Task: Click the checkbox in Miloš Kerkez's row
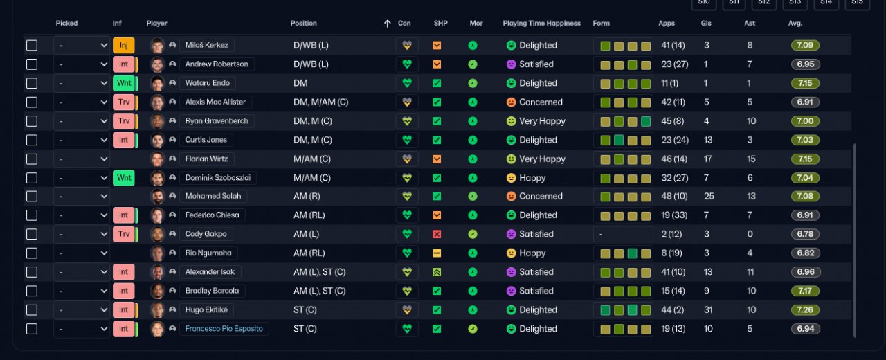click(x=32, y=46)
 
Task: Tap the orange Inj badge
click(x=123, y=46)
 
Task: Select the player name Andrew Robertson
click(x=217, y=64)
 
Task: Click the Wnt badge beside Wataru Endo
click(x=124, y=83)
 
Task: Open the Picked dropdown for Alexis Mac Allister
click(x=82, y=102)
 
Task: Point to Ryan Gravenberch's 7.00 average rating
click(x=805, y=121)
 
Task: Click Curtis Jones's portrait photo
click(x=157, y=140)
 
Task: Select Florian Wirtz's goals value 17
click(x=707, y=159)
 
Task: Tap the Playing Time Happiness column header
click(x=541, y=24)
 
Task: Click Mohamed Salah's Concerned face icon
click(x=511, y=196)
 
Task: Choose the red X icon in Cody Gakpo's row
click(x=437, y=234)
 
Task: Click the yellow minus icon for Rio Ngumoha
click(x=437, y=253)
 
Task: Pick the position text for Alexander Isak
click(x=319, y=272)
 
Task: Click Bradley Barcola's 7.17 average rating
click(x=805, y=291)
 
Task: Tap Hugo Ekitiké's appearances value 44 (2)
click(x=673, y=310)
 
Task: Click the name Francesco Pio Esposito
click(x=224, y=329)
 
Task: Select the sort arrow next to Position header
click(x=388, y=24)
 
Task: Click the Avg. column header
click(x=795, y=24)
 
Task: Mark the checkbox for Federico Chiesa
click(x=32, y=215)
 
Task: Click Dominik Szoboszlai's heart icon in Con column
click(x=406, y=178)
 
